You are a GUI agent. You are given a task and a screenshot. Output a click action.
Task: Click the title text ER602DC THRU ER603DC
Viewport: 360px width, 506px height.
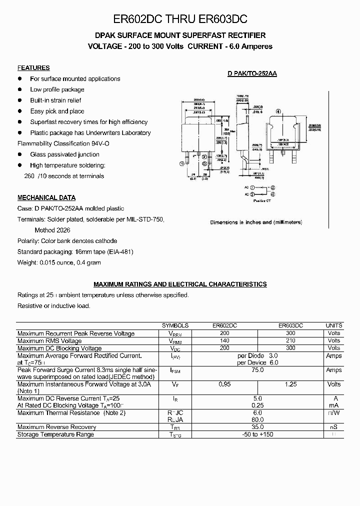click(x=180, y=19)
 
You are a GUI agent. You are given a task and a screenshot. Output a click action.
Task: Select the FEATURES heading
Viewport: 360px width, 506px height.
click(x=33, y=68)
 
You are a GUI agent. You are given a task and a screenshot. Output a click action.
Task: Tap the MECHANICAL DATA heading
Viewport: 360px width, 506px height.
click(x=46, y=197)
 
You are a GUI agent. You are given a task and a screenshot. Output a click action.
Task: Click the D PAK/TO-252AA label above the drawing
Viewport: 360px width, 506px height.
click(x=252, y=73)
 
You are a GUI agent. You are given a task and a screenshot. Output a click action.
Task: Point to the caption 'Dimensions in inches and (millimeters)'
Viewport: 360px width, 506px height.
click(x=256, y=222)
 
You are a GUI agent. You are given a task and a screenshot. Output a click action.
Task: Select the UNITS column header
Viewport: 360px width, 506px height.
click(x=333, y=325)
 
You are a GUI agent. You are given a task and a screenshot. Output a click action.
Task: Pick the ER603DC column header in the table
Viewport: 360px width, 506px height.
click(x=291, y=325)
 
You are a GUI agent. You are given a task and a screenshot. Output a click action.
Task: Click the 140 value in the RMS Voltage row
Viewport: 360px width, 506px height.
click(x=224, y=340)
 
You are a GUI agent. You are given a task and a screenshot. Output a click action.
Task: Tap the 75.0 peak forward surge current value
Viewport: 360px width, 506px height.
click(x=257, y=370)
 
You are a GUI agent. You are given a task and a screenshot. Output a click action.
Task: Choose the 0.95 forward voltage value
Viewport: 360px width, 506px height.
click(x=224, y=384)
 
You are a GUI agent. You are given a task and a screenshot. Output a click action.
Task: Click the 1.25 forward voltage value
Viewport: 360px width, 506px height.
click(x=291, y=384)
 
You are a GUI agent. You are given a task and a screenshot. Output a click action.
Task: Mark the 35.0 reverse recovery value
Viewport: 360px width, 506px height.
click(x=257, y=427)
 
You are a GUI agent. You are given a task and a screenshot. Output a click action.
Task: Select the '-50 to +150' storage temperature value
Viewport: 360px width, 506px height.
click(x=257, y=434)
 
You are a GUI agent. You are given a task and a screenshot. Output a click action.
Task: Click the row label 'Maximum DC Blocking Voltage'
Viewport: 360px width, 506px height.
click(x=59, y=348)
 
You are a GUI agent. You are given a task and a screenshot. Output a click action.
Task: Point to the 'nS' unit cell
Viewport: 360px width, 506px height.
click(x=333, y=427)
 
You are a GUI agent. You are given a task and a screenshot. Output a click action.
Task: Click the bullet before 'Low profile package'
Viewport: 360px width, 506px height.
click(x=20, y=89)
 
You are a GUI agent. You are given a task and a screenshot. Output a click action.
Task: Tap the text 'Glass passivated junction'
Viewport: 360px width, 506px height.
click(x=64, y=154)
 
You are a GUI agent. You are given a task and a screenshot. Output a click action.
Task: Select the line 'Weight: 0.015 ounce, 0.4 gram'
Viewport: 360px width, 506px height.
click(x=59, y=262)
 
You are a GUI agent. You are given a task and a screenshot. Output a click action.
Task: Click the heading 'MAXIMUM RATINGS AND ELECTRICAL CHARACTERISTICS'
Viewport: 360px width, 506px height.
click(x=180, y=284)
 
